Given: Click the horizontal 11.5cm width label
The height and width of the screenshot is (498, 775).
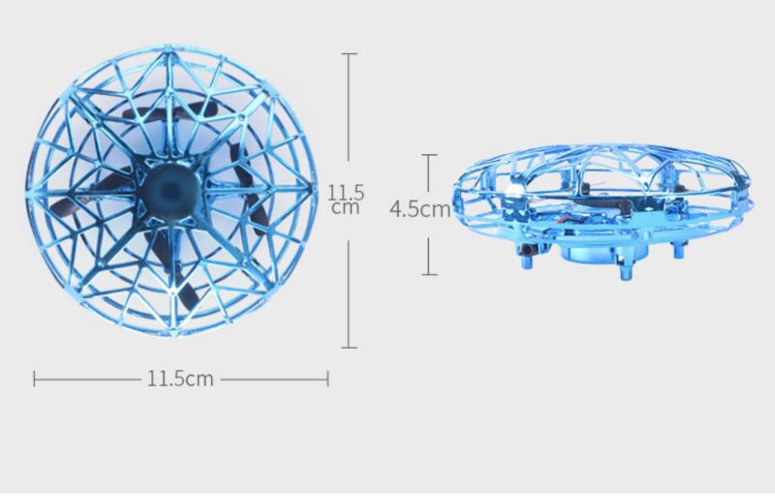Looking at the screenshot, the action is pyautogui.click(x=180, y=379).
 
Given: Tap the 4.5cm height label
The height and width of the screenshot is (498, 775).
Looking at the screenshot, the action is pyautogui.click(x=420, y=209).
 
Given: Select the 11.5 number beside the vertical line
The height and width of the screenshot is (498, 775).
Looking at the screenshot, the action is pyautogui.click(x=346, y=192).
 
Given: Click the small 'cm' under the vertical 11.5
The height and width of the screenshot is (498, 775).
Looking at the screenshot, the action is pyautogui.click(x=346, y=207).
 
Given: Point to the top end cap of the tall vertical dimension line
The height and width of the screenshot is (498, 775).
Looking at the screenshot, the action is pyautogui.click(x=349, y=53).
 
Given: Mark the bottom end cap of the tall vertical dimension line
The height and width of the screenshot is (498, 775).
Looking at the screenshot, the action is pyautogui.click(x=349, y=348).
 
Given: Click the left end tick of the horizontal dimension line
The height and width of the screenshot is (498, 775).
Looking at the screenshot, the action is pyautogui.click(x=34, y=379).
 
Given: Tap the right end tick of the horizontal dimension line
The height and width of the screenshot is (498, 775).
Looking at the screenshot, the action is pyautogui.click(x=327, y=379).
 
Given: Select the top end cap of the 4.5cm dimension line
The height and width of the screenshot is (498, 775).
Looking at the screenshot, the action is pyautogui.click(x=429, y=155).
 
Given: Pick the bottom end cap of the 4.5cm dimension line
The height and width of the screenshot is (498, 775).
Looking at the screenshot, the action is pyautogui.click(x=429, y=274).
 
